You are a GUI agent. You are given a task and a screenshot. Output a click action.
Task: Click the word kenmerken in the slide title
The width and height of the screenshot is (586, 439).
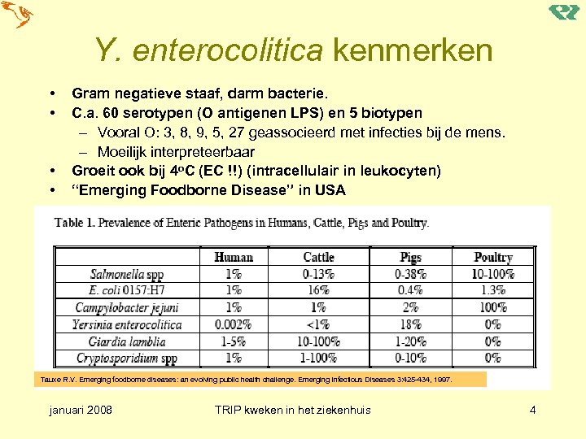coord(412,50)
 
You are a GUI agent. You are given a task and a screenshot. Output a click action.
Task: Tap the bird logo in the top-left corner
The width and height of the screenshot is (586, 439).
coord(17,15)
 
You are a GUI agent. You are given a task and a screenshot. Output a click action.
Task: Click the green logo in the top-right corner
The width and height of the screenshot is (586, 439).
coord(564,12)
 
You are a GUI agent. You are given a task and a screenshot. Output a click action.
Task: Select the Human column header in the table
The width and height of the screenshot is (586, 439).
coord(234,257)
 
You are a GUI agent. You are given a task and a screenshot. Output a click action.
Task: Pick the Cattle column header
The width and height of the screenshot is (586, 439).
coord(318,257)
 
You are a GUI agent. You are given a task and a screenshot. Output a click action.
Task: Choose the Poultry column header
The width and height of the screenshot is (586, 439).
coord(492,257)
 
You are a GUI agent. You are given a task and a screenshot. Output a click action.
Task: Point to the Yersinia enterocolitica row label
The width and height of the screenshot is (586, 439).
coord(127,324)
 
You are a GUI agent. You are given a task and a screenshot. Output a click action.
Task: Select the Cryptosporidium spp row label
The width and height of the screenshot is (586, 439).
coord(127,358)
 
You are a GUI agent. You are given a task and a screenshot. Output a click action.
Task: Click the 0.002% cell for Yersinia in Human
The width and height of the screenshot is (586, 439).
coord(234,324)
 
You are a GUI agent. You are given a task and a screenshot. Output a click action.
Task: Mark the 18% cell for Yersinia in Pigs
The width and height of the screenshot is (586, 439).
coord(410,324)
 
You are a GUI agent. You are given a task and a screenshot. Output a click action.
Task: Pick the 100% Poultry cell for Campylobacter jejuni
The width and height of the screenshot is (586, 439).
coord(492,307)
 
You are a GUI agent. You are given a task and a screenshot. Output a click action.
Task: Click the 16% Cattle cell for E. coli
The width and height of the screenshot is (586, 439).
coord(318,290)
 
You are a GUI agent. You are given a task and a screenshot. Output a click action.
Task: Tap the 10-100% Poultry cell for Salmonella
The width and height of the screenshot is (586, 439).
coord(492,274)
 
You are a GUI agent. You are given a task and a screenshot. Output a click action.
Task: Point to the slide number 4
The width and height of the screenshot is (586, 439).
coord(532,410)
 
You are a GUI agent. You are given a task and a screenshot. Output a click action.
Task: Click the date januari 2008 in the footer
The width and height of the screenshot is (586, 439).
coord(81,410)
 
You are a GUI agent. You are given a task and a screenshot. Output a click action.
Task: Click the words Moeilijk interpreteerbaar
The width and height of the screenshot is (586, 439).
coord(176,151)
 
